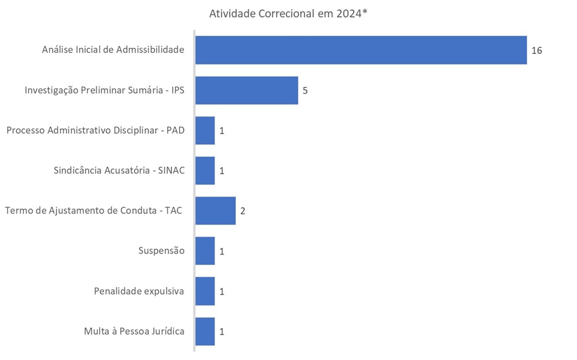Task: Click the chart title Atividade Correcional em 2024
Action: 288,13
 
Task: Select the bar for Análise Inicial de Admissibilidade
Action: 361,50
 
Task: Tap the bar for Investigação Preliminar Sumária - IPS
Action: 246,90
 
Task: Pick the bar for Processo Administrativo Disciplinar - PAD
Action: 205,130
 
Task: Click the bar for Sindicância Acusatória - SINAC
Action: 205,170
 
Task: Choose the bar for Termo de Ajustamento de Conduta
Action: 215,211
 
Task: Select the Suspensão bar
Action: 205,251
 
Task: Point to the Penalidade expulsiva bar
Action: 205,291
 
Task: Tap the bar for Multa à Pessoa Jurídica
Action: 205,331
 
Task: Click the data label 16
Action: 537,51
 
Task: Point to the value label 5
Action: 305,91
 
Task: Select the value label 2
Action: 243,211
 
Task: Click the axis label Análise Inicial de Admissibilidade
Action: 113,50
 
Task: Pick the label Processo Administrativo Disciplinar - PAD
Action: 96,130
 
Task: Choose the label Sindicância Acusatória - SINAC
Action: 119,170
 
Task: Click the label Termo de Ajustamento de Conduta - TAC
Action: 94,211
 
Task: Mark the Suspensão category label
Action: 161,251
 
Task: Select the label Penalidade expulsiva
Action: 139,291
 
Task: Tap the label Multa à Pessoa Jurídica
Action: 134,331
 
